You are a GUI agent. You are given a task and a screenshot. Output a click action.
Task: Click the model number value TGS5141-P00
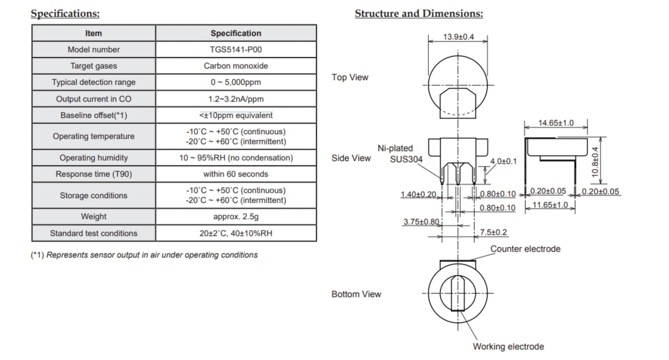coord(236,49)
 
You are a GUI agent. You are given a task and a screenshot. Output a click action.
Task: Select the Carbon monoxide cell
coord(236,66)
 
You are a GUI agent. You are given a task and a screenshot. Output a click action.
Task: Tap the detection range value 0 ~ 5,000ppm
coord(236,82)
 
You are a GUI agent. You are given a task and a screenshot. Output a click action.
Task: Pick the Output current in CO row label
coord(93,99)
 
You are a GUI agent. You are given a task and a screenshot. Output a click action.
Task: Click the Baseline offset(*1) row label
coord(93,115)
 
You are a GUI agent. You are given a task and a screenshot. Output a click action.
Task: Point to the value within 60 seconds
coord(236,174)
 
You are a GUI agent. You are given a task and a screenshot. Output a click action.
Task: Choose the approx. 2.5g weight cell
coord(236,216)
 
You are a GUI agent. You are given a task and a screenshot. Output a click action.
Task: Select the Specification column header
coord(236,33)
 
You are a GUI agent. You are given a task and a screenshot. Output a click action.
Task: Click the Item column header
coord(93,33)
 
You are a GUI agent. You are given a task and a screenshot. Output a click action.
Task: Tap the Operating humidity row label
coord(93,158)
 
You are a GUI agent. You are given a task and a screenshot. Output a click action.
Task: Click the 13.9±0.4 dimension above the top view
coord(458,37)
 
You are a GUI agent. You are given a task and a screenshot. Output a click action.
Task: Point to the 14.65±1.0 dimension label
coord(556,123)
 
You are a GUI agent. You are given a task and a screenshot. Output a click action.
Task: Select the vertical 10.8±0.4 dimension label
coord(595,162)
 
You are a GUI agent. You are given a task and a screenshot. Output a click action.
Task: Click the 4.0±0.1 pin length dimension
coord(503,161)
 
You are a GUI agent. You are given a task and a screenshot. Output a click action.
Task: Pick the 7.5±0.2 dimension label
coord(493,232)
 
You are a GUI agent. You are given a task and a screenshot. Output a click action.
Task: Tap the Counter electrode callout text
coord(525,249)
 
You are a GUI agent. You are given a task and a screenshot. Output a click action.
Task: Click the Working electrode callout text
coord(508,346)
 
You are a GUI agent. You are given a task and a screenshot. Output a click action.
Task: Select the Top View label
coord(349,77)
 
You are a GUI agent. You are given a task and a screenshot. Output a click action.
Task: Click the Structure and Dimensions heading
coord(419,14)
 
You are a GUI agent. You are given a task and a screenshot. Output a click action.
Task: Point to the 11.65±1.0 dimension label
coord(550,205)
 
